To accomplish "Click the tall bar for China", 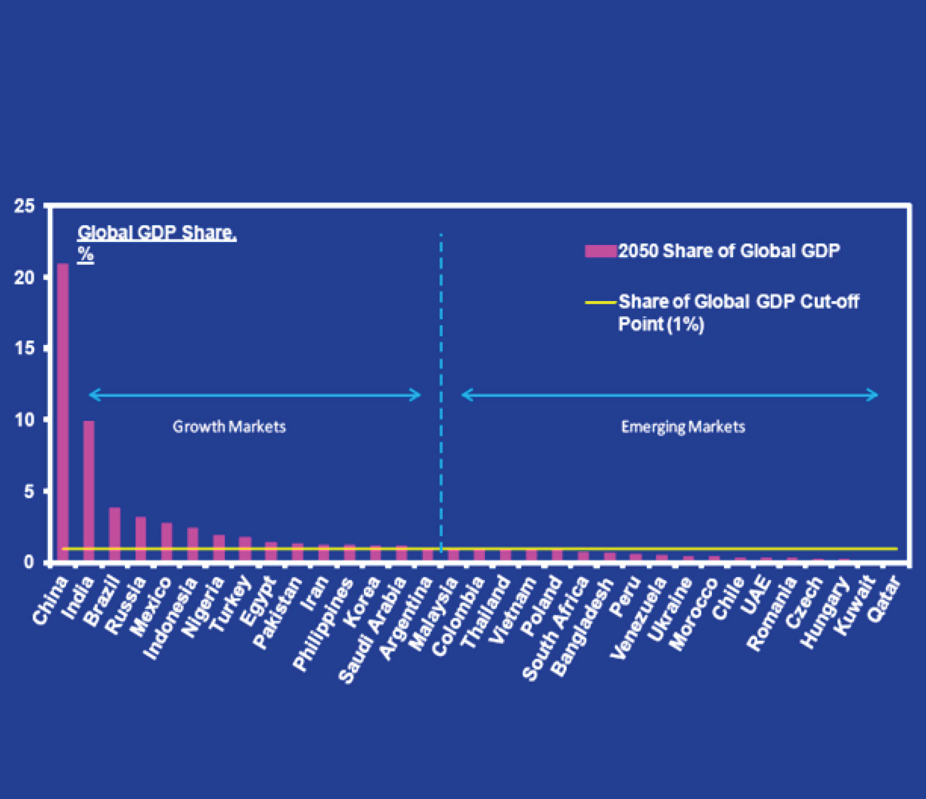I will coord(63,411).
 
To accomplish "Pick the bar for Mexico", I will coord(167,541).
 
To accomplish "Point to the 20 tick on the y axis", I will coord(24,277).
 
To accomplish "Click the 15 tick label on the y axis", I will coord(24,349).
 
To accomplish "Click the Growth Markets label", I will coord(229,427).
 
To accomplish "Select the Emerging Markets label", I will coord(683,427).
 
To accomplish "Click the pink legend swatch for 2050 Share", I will coord(600,251).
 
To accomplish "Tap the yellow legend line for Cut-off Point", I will coord(600,302).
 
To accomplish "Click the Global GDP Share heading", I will coord(157,233).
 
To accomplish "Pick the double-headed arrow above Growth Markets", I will coord(255,395).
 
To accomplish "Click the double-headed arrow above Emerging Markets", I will coord(670,395).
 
